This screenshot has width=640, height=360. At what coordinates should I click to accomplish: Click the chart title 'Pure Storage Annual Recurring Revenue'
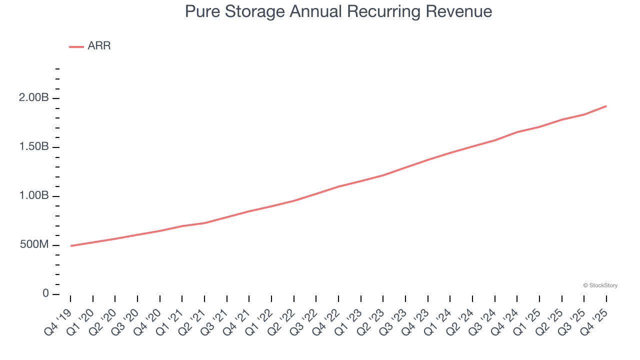click(x=338, y=11)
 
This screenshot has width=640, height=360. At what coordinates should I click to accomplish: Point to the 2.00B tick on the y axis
click(x=34, y=98)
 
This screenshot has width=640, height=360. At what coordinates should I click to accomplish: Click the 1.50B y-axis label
click(x=34, y=147)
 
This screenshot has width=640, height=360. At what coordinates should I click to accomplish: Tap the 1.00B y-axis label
click(x=34, y=196)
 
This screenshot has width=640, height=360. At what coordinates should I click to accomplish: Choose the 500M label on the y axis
click(x=34, y=245)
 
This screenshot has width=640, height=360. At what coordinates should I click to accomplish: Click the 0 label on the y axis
click(x=46, y=293)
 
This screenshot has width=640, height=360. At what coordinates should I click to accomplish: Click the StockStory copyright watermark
click(x=600, y=285)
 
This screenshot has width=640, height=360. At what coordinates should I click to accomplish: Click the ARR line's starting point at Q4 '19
click(x=70, y=246)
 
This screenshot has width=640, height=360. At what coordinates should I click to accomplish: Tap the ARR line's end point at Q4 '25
click(x=606, y=106)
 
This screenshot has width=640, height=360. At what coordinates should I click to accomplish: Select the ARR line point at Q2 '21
click(x=204, y=223)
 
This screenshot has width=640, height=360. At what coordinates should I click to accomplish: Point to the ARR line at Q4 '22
click(x=338, y=186)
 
